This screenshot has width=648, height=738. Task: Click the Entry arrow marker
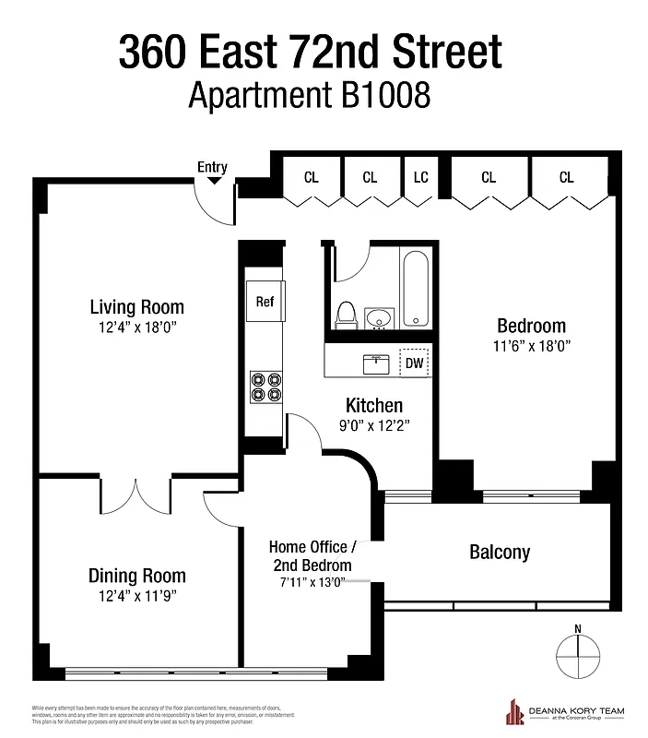[x=214, y=181]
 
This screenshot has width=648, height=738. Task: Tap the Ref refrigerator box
[x=265, y=302]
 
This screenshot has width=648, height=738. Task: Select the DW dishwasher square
[x=415, y=363]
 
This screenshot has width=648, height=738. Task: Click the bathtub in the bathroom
[x=416, y=288]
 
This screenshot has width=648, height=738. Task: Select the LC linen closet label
[x=421, y=177]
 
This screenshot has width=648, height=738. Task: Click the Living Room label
[x=136, y=307]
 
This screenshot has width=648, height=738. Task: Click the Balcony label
[x=500, y=553]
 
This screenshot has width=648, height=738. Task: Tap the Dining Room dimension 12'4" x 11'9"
[x=136, y=596]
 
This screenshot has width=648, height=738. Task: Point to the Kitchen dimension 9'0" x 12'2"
[x=373, y=426]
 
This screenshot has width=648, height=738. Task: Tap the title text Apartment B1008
[x=309, y=95]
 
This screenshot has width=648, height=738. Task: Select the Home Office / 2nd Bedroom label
[x=312, y=556]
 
